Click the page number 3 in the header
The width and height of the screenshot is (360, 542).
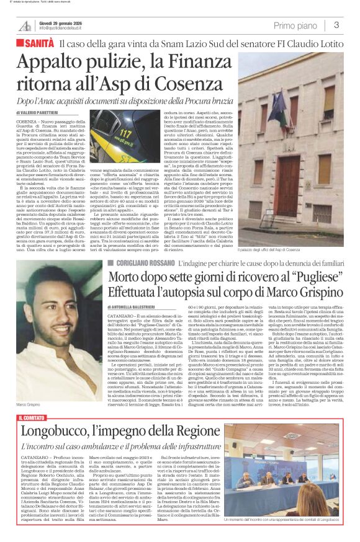coord(336,25)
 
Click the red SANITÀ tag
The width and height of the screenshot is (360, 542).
coord(39,43)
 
